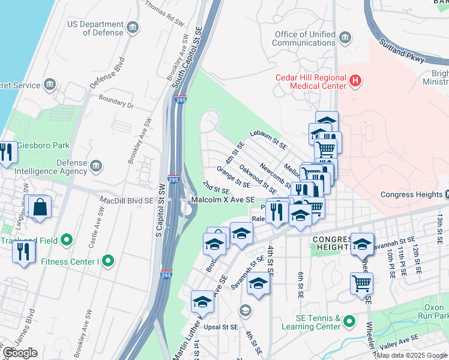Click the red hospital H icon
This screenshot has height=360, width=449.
(356, 80)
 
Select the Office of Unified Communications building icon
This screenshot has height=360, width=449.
(345, 39)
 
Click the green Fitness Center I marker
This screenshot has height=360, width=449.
(107, 261)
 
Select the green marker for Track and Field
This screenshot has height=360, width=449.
(66, 241)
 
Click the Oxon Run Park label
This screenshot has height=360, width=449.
(432, 311)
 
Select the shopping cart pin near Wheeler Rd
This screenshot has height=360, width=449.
(361, 283)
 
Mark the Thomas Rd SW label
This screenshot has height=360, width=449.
(164, 16)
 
